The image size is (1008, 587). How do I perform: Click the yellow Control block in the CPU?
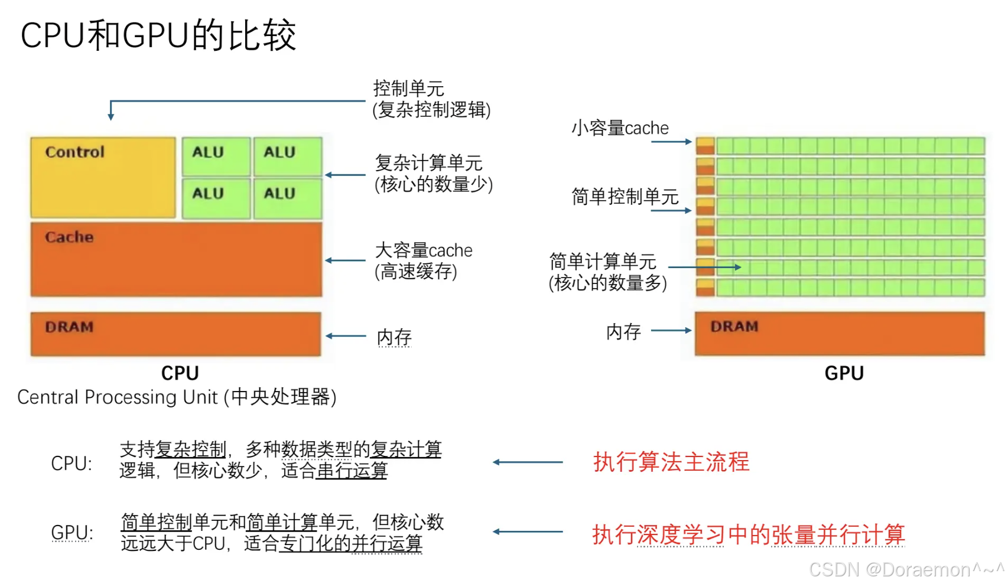click(103, 177)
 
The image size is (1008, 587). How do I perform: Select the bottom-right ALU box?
click(288, 198)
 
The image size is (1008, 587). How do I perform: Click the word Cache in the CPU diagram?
click(69, 237)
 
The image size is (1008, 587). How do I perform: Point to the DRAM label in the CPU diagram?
click(69, 327)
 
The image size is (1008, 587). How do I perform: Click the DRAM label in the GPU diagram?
click(734, 327)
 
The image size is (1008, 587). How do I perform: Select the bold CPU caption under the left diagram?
click(180, 373)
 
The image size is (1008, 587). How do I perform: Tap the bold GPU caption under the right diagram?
click(844, 373)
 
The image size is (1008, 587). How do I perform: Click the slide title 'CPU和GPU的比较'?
click(158, 35)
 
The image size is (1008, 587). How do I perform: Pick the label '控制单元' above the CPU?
click(408, 89)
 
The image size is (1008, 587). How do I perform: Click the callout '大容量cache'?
click(424, 250)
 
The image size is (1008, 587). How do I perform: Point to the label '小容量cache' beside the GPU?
click(620, 128)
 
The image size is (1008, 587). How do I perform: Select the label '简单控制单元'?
click(625, 197)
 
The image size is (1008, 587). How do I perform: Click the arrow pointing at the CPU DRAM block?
click(346, 336)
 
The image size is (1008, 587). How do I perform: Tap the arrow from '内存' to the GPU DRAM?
click(671, 331)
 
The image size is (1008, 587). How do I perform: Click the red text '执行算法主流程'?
click(671, 462)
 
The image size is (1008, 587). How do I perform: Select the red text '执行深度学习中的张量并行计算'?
click(748, 534)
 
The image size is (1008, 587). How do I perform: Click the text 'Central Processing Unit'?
click(118, 397)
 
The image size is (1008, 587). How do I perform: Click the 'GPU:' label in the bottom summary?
click(72, 533)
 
